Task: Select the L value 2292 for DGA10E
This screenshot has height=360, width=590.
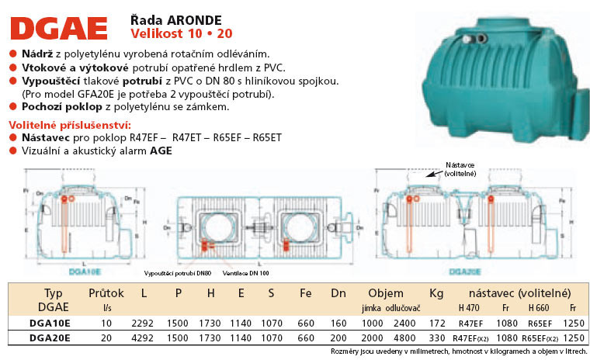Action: tap(145, 322)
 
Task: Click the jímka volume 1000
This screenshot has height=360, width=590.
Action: tap(372, 322)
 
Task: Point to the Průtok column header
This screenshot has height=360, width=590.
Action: tap(106, 293)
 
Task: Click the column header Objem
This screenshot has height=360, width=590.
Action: tap(385, 293)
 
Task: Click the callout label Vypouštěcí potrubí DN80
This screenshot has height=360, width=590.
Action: tap(177, 274)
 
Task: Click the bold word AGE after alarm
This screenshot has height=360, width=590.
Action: tap(161, 151)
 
